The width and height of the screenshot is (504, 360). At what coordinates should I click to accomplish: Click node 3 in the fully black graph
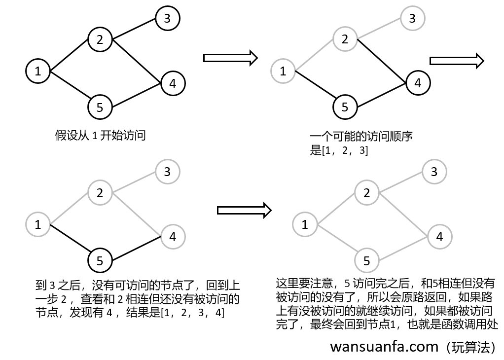tap(168, 19)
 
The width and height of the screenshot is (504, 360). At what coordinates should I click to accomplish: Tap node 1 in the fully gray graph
tap(305, 225)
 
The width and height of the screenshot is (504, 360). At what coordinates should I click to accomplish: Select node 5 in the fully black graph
tap(100, 107)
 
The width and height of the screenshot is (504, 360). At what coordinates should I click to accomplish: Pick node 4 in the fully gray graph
tap(439, 237)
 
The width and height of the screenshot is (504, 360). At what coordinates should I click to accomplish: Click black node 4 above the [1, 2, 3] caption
tap(418, 83)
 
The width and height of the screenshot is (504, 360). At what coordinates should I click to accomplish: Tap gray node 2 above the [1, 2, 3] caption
tap(345, 39)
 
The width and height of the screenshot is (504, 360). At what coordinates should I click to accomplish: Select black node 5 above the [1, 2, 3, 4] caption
tap(100, 260)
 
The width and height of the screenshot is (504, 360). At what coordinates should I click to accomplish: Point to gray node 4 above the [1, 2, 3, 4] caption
tap(173, 237)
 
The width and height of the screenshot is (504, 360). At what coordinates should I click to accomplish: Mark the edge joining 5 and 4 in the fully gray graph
tap(403, 249)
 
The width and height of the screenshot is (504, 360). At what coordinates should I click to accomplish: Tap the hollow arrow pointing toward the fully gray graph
tap(245, 210)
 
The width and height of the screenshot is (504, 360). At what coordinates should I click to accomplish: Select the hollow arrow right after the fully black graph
tap(230, 58)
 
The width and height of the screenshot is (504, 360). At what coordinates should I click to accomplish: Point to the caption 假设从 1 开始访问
tap(100, 136)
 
